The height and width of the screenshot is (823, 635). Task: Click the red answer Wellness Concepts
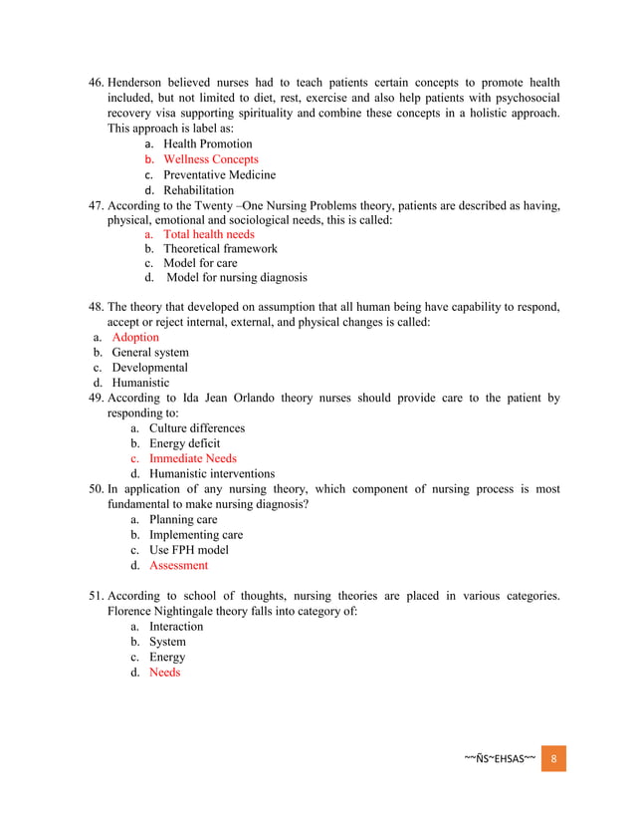[x=210, y=159]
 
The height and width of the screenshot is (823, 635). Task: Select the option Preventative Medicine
[x=219, y=174]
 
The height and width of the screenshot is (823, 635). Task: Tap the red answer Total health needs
[x=209, y=234]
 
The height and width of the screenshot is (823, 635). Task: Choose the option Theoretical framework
[x=220, y=248]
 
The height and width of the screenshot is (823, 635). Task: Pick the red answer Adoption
[x=135, y=338]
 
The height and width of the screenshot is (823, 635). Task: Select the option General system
[x=150, y=353]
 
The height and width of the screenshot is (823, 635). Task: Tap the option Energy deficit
[x=185, y=443]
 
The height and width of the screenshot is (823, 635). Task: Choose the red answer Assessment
[x=179, y=566]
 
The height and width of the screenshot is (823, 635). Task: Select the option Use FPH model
[x=189, y=550]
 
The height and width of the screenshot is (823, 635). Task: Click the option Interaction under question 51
[x=176, y=627]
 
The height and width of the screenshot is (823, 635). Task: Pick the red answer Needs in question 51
[x=165, y=673]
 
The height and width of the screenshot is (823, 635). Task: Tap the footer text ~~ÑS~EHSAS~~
[x=501, y=758]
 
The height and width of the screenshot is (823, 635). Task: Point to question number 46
[x=97, y=83]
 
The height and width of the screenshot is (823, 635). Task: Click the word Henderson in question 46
[x=140, y=83]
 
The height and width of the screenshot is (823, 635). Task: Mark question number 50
[x=97, y=490]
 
